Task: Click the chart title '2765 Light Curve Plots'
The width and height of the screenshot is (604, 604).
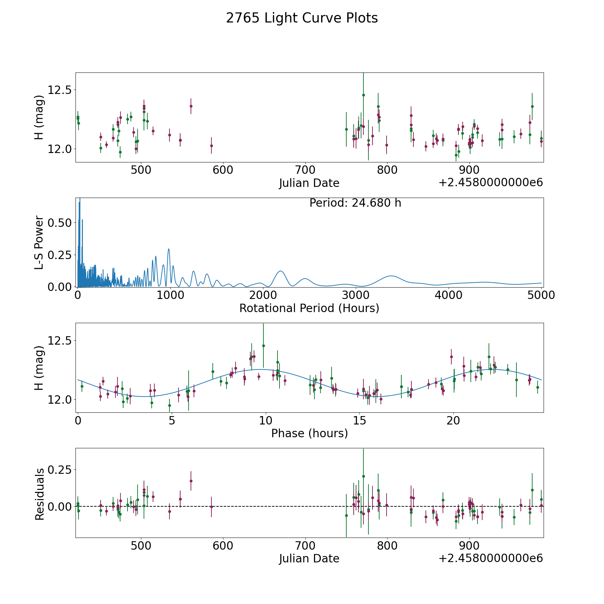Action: (302, 18)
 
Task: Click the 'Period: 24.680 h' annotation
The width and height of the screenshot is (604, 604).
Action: (355, 203)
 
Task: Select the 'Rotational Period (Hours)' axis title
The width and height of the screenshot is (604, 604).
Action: (309, 308)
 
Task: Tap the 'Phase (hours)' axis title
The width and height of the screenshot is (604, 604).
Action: (309, 433)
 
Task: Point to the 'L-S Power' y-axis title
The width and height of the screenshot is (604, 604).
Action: (39, 242)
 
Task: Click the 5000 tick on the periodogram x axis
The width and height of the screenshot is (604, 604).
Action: (541, 295)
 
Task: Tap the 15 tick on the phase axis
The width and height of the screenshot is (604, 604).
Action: (359, 420)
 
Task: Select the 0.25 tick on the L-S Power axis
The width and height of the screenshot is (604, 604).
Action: (60, 255)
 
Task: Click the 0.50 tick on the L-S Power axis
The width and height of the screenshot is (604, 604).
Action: (60, 223)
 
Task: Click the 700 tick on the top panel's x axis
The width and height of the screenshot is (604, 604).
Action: (305, 170)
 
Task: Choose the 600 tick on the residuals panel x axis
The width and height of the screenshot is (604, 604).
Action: (223, 546)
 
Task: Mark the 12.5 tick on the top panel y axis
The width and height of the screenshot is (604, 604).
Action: (60, 90)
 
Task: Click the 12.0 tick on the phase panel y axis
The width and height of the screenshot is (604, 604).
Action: (60, 400)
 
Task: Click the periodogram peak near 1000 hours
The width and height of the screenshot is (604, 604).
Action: (168, 249)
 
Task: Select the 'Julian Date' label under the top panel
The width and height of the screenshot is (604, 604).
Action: (309, 183)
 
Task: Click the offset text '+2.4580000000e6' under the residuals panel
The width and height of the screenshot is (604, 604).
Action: (491, 558)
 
